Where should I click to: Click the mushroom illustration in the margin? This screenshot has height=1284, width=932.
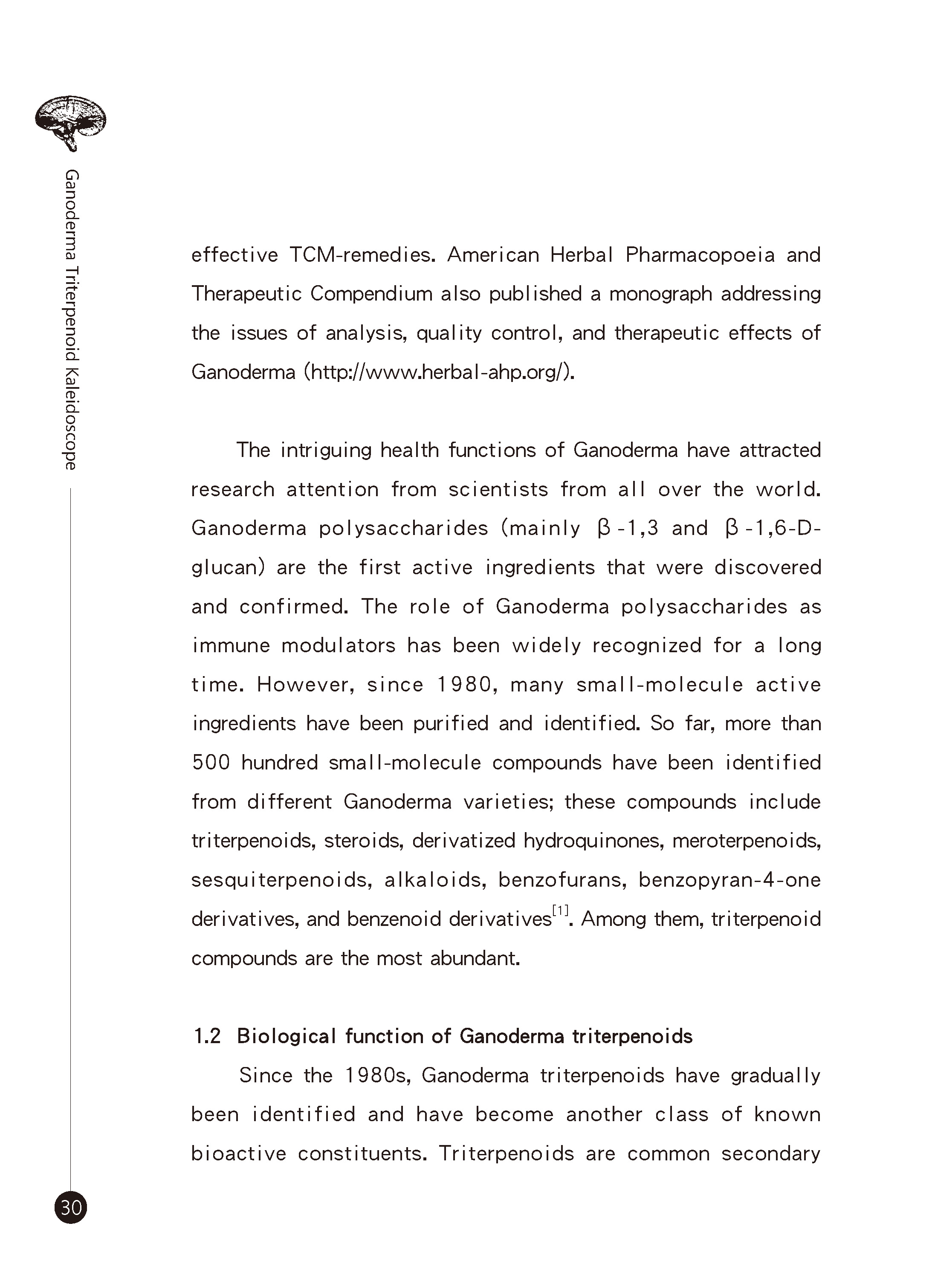70,122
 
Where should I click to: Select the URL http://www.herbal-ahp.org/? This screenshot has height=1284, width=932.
439,372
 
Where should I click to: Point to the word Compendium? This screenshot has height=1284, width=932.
371,294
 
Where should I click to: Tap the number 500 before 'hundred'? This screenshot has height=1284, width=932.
211,763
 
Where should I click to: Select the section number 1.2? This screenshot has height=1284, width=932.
207,1036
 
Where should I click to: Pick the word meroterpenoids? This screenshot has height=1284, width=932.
746,841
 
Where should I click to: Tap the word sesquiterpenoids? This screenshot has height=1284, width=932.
281,880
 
